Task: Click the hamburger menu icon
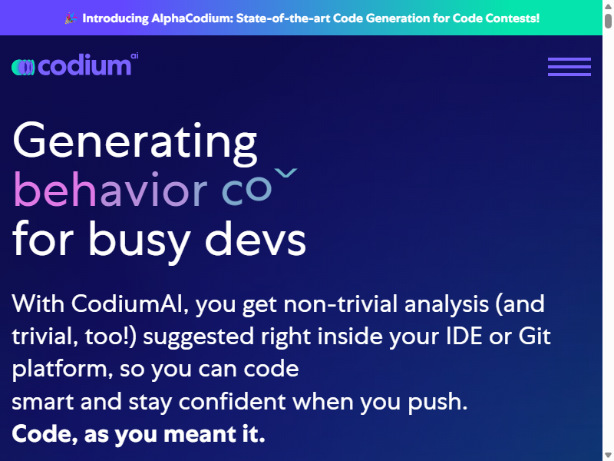click(x=569, y=67)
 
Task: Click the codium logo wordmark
click(x=84, y=65)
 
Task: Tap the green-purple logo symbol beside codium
click(x=23, y=67)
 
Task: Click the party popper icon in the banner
click(x=71, y=18)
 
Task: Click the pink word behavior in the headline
click(x=111, y=189)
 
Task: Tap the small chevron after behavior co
click(x=286, y=172)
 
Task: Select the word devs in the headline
click(x=256, y=238)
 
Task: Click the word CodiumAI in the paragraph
click(x=127, y=303)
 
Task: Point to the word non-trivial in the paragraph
click(x=340, y=303)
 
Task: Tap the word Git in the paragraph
click(x=534, y=337)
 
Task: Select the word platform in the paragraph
click(x=60, y=370)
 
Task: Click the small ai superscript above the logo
click(x=134, y=55)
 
